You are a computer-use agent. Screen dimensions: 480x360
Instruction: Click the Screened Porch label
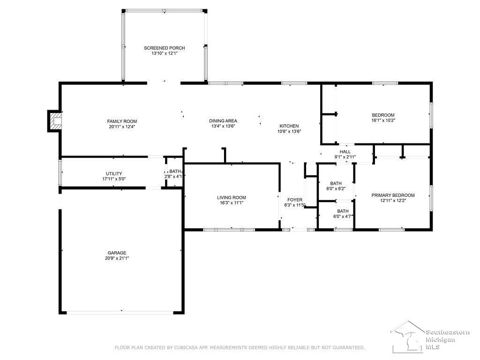[165, 48]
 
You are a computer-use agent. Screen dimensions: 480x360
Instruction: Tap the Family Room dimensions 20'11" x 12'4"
[122, 127]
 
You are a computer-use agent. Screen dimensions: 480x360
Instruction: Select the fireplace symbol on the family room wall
[54, 121]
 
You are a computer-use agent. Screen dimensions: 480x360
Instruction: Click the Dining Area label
[223, 121]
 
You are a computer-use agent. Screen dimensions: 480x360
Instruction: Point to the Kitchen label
[289, 126]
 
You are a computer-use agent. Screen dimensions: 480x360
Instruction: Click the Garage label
[117, 253]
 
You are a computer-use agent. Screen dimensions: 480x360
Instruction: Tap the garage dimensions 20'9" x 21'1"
[117, 258]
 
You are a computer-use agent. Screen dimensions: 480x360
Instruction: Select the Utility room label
[114, 173]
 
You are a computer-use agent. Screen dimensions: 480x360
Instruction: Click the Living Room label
[232, 198]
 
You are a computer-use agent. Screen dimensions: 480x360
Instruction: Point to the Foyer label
[295, 200]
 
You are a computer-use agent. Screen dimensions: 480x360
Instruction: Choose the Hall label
[345, 152]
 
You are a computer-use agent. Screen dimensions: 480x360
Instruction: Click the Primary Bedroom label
[393, 195]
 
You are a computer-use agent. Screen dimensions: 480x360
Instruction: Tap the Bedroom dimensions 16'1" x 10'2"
[383, 120]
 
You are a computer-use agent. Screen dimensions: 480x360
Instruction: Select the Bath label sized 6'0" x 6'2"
[336, 184]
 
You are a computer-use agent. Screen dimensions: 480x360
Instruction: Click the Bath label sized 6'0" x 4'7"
[343, 211]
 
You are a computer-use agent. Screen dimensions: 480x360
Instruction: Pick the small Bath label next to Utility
[175, 172]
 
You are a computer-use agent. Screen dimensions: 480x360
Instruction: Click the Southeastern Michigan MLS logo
[430, 337]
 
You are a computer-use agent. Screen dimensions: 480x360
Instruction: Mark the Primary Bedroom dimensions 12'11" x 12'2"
[393, 201]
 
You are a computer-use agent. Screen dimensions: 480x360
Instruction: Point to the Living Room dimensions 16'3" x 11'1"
[232, 202]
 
